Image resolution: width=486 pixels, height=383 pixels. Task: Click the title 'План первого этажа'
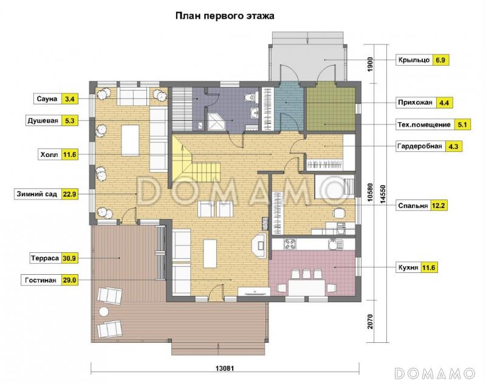pos(225,16)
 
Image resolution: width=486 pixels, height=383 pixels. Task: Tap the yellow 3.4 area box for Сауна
pos(70,98)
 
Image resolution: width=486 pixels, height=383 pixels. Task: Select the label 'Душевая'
pos(43,120)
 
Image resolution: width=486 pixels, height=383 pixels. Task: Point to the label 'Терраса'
pos(44,258)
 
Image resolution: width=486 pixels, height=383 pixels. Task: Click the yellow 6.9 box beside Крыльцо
pos(441,60)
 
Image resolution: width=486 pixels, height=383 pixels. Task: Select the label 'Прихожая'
pos(414,103)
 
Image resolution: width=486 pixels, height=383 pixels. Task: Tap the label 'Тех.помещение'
pos(423,125)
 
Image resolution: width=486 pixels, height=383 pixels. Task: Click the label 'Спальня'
pos(412,205)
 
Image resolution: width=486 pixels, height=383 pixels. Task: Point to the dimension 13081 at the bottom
pos(225,368)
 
